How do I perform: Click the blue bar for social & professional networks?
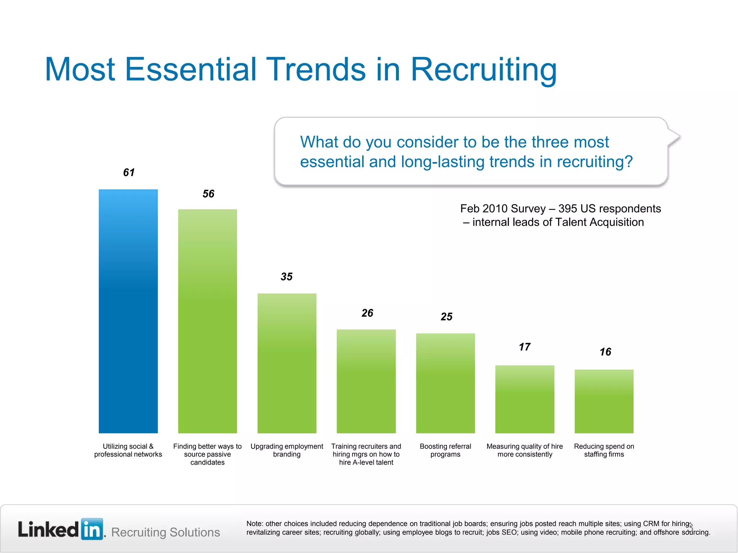(x=128, y=311)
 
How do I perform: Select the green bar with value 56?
(x=207, y=321)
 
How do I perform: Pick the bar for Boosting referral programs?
(x=445, y=383)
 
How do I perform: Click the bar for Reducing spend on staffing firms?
(x=604, y=401)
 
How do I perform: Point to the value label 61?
(x=129, y=172)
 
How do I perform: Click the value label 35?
(x=286, y=276)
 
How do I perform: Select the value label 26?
(x=367, y=313)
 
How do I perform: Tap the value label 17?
(x=524, y=347)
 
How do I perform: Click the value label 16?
(x=605, y=352)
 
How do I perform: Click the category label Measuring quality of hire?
(x=525, y=450)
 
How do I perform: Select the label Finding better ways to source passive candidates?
(x=207, y=454)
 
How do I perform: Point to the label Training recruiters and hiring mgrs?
(x=366, y=454)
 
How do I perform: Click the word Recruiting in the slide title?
(x=484, y=69)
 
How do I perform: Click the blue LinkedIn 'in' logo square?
(x=92, y=529)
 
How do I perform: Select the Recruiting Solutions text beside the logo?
(x=165, y=532)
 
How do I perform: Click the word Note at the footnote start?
(x=254, y=523)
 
